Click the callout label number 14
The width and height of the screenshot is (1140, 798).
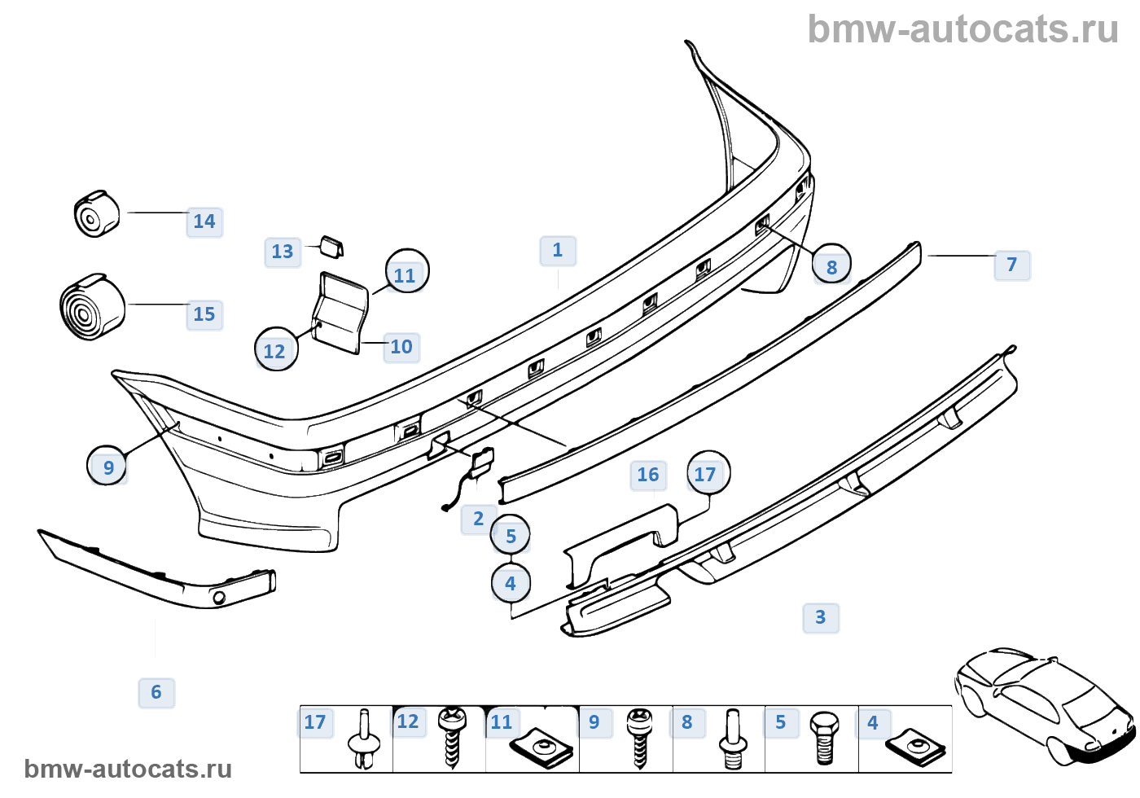(204, 221)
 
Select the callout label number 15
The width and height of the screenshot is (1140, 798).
(204, 314)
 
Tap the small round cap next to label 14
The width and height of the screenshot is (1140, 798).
(96, 214)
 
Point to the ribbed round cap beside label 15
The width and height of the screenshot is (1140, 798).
(91, 307)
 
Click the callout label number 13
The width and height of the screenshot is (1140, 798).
(283, 252)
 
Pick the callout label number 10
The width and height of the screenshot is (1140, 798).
(401, 347)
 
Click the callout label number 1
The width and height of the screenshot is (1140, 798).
(558, 250)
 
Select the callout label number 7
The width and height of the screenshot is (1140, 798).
(1012, 265)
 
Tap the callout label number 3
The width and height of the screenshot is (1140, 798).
(821, 617)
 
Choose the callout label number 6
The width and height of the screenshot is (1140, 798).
(156, 693)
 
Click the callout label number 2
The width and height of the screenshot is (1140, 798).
(479, 519)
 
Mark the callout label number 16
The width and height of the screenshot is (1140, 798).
(648, 475)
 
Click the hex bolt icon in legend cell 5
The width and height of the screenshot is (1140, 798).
(824, 738)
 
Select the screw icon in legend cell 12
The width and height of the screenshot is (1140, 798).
(450, 737)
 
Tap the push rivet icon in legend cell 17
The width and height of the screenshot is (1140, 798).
(364, 739)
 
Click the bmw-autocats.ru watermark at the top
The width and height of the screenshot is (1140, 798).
(962, 29)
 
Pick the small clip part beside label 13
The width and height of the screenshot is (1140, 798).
(331, 245)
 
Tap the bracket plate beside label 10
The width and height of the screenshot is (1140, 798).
(340, 313)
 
